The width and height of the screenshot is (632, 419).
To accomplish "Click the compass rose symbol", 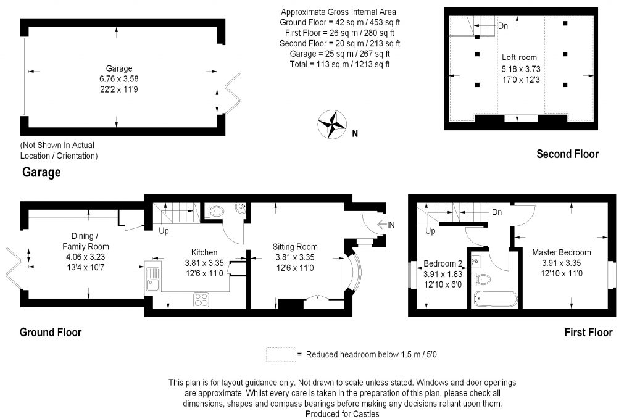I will coord(331,123).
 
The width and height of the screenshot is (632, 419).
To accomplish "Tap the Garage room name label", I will coord(118,68).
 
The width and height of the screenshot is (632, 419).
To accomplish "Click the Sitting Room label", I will coord(294,246).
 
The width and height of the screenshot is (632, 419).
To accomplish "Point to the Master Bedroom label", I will coord(561,252).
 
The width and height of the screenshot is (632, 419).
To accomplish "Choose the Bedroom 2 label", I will coord(443,263).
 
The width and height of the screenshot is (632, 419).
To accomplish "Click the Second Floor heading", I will coord(567,154).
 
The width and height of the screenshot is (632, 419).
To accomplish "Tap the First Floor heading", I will coord(588,332).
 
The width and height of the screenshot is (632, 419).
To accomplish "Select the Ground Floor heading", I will coord(51,332).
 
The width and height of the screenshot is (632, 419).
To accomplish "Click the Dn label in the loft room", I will coord(503,26).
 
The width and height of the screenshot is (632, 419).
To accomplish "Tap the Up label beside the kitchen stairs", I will coord(164,231).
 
